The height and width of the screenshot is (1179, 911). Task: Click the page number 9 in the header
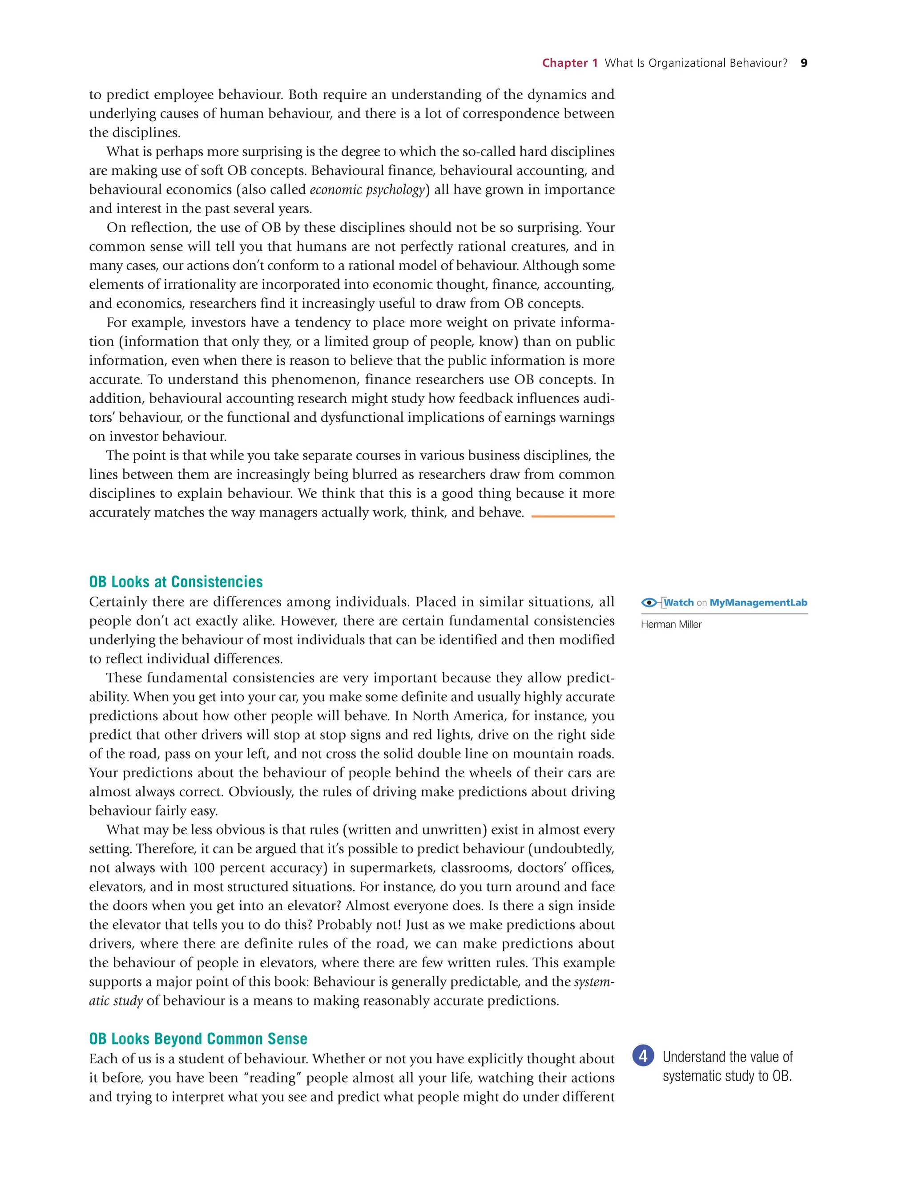[804, 63]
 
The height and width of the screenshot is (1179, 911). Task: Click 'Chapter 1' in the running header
[569, 63]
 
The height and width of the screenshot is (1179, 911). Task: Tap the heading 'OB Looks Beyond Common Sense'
[198, 1039]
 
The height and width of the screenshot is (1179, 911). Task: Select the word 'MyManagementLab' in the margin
[758, 602]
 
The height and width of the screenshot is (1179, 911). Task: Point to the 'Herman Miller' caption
[671, 625]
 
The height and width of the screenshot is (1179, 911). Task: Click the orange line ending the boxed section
[572, 516]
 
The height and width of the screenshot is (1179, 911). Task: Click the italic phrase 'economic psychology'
[367, 190]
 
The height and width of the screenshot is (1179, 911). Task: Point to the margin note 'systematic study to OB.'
[727, 1076]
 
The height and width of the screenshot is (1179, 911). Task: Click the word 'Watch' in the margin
[679, 602]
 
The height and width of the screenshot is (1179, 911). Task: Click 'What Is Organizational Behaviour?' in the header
[696, 63]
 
